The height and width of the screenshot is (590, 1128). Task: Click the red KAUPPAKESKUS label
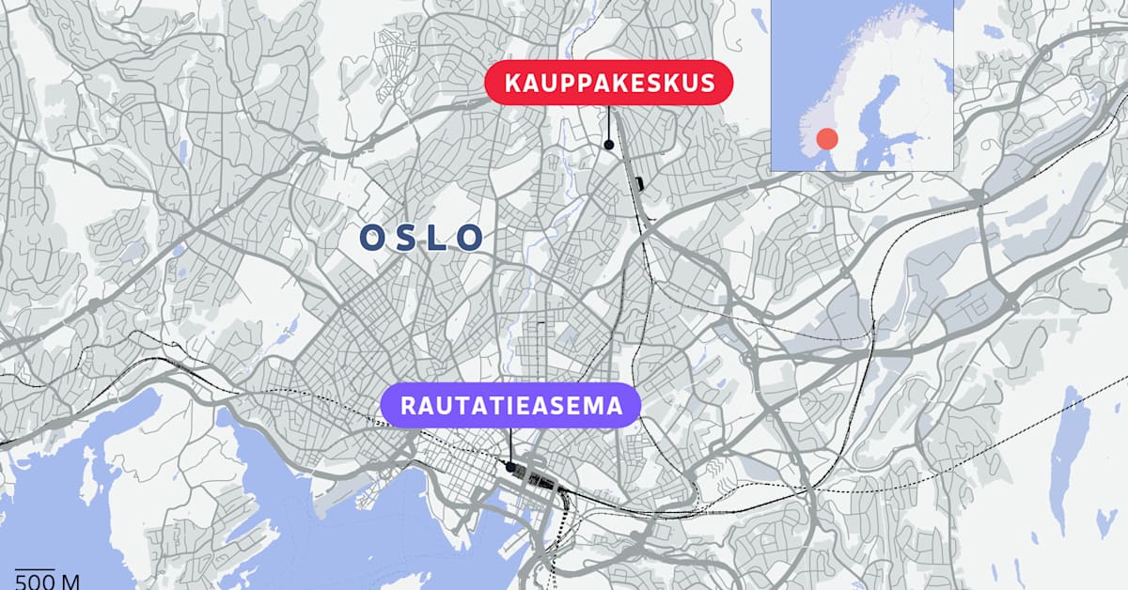[609, 84]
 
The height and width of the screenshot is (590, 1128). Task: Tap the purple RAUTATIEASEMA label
[511, 407]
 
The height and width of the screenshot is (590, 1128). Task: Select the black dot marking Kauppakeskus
[609, 145]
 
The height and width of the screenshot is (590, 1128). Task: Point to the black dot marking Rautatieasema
[509, 466]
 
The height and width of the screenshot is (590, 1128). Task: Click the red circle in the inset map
[826, 139]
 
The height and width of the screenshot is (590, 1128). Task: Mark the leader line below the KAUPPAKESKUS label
[609, 122]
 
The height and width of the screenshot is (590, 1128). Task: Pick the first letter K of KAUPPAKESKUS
[512, 84]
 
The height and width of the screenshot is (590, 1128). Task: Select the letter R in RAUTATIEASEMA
[408, 407]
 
